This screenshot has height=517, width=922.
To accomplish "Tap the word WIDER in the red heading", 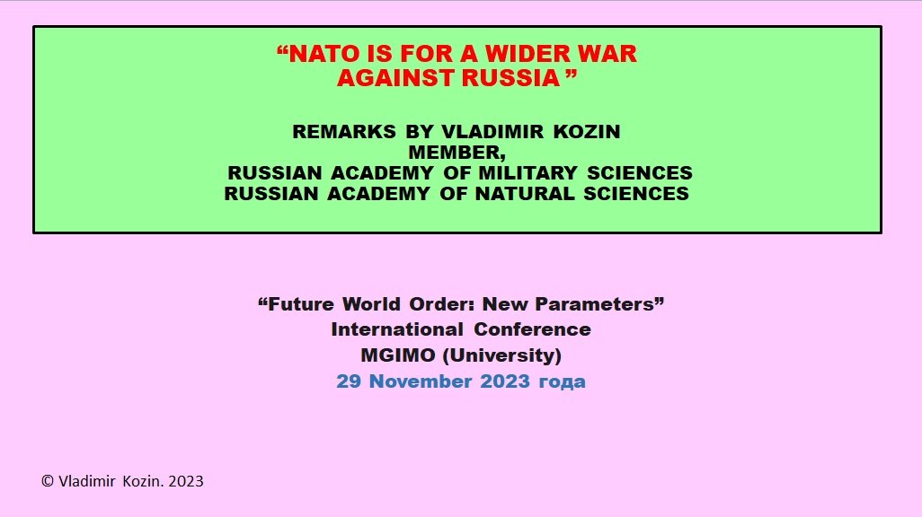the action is (527, 54).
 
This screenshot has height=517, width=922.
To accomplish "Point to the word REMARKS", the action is (344, 132).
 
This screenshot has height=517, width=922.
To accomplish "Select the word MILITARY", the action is (527, 172).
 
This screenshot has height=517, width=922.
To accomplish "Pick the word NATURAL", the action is (525, 193).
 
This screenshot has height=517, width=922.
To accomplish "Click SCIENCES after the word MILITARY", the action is (640, 172).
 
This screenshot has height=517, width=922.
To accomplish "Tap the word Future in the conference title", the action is (300, 304).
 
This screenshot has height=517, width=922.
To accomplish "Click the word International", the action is (397, 329).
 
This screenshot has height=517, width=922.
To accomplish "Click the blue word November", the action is (421, 381).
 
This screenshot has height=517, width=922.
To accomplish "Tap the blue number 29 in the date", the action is (349, 381).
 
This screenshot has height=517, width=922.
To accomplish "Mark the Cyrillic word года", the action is (563, 382).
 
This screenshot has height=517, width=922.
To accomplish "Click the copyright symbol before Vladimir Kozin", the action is (48, 481).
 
